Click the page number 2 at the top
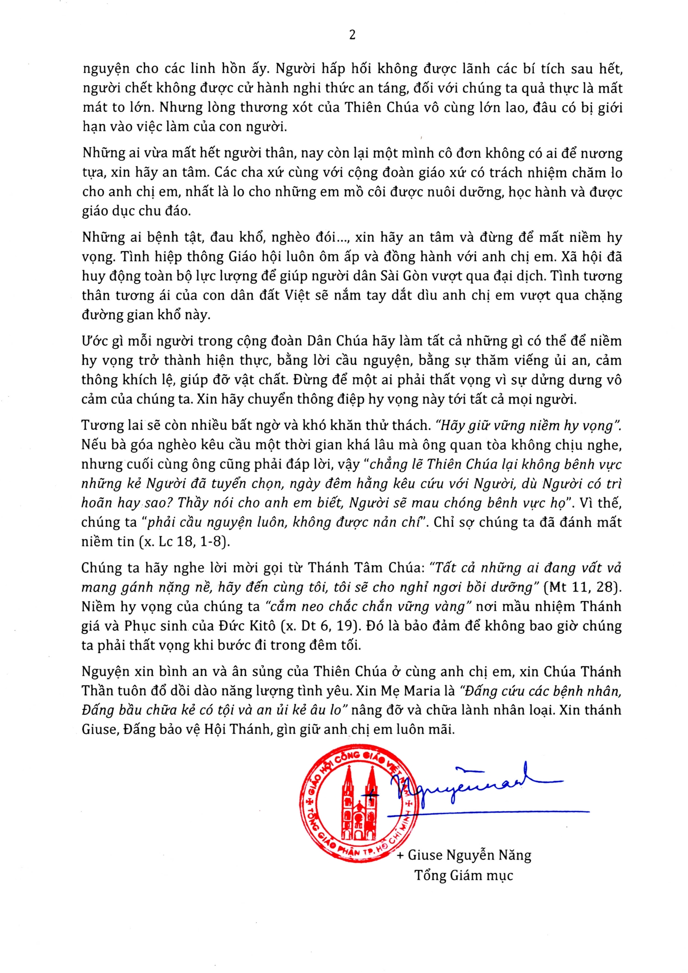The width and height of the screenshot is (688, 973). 352,35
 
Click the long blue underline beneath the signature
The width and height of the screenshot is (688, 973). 506,812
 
